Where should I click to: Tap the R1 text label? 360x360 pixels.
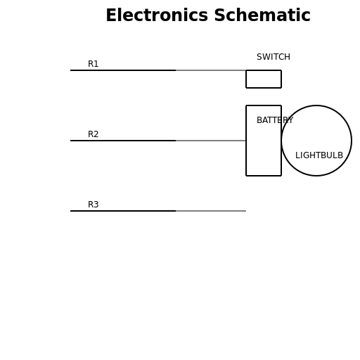(x=93, y=64)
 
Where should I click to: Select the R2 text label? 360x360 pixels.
(x=93, y=134)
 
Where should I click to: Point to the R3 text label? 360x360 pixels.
(x=93, y=205)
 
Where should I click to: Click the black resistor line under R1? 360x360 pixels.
(x=123, y=70)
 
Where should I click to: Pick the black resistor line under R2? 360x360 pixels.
(x=123, y=141)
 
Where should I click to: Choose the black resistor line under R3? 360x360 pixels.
(x=123, y=211)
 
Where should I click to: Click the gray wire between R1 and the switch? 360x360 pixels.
(x=211, y=70)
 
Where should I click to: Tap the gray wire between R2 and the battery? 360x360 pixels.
(x=211, y=141)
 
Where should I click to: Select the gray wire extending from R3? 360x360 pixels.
(x=211, y=211)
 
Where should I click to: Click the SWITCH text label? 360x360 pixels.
(x=273, y=57)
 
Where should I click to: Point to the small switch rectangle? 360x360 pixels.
(x=264, y=79)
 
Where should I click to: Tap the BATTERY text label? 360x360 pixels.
(x=274, y=120)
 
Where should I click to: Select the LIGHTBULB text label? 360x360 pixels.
(x=319, y=155)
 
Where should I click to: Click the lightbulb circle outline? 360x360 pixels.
(x=316, y=105)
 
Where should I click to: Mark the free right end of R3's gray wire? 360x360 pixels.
(x=245, y=211)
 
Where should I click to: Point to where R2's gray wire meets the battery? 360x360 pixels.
(x=246, y=141)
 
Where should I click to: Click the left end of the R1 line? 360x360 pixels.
(x=71, y=70)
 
